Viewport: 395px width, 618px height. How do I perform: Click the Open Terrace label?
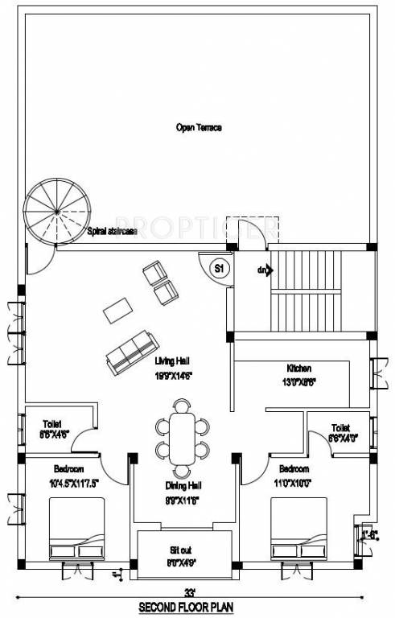198,127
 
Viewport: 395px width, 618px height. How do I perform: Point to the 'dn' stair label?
262,270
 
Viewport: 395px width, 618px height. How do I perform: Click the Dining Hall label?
183,487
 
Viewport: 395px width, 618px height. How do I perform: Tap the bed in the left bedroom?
77,528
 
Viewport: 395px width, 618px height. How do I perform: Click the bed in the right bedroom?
298,528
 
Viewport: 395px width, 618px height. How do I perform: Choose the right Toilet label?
340,428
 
